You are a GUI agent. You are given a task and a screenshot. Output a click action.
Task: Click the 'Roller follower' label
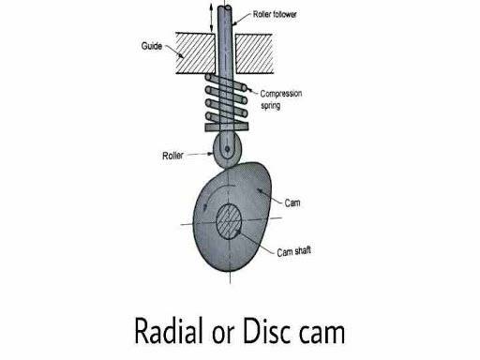pyautogui.click(x=275, y=14)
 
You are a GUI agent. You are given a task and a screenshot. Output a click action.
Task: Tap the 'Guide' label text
pyautogui.click(x=152, y=46)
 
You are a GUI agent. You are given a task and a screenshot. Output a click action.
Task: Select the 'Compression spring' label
pyautogui.click(x=281, y=99)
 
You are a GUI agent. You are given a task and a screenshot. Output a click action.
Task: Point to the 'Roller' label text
pyautogui.click(x=172, y=156)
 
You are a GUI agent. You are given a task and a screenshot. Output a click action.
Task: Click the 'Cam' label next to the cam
pyautogui.click(x=292, y=203)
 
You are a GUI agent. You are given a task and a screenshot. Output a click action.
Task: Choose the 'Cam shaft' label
pyautogui.click(x=293, y=251)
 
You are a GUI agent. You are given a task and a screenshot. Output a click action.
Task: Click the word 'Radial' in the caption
pyautogui.click(x=169, y=331)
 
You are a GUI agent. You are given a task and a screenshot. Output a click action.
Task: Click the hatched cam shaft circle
pyautogui.click(x=229, y=221)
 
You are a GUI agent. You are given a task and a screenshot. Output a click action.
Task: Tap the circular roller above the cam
pyautogui.click(x=227, y=151)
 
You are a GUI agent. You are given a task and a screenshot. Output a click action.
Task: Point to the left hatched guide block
pyautogui.click(x=196, y=53)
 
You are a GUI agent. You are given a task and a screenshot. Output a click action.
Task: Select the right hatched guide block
pyautogui.click(x=254, y=53)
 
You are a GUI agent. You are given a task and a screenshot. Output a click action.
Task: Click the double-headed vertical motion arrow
pyautogui.click(x=212, y=17)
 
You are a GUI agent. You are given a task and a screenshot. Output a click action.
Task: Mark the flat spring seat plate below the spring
pyautogui.click(x=227, y=127)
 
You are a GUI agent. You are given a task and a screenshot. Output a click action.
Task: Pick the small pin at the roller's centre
pyautogui.click(x=227, y=149)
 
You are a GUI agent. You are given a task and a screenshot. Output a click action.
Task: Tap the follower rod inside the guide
pyautogui.click(x=225, y=53)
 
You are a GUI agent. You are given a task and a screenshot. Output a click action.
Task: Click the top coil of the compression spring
pyautogui.click(x=226, y=82)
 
